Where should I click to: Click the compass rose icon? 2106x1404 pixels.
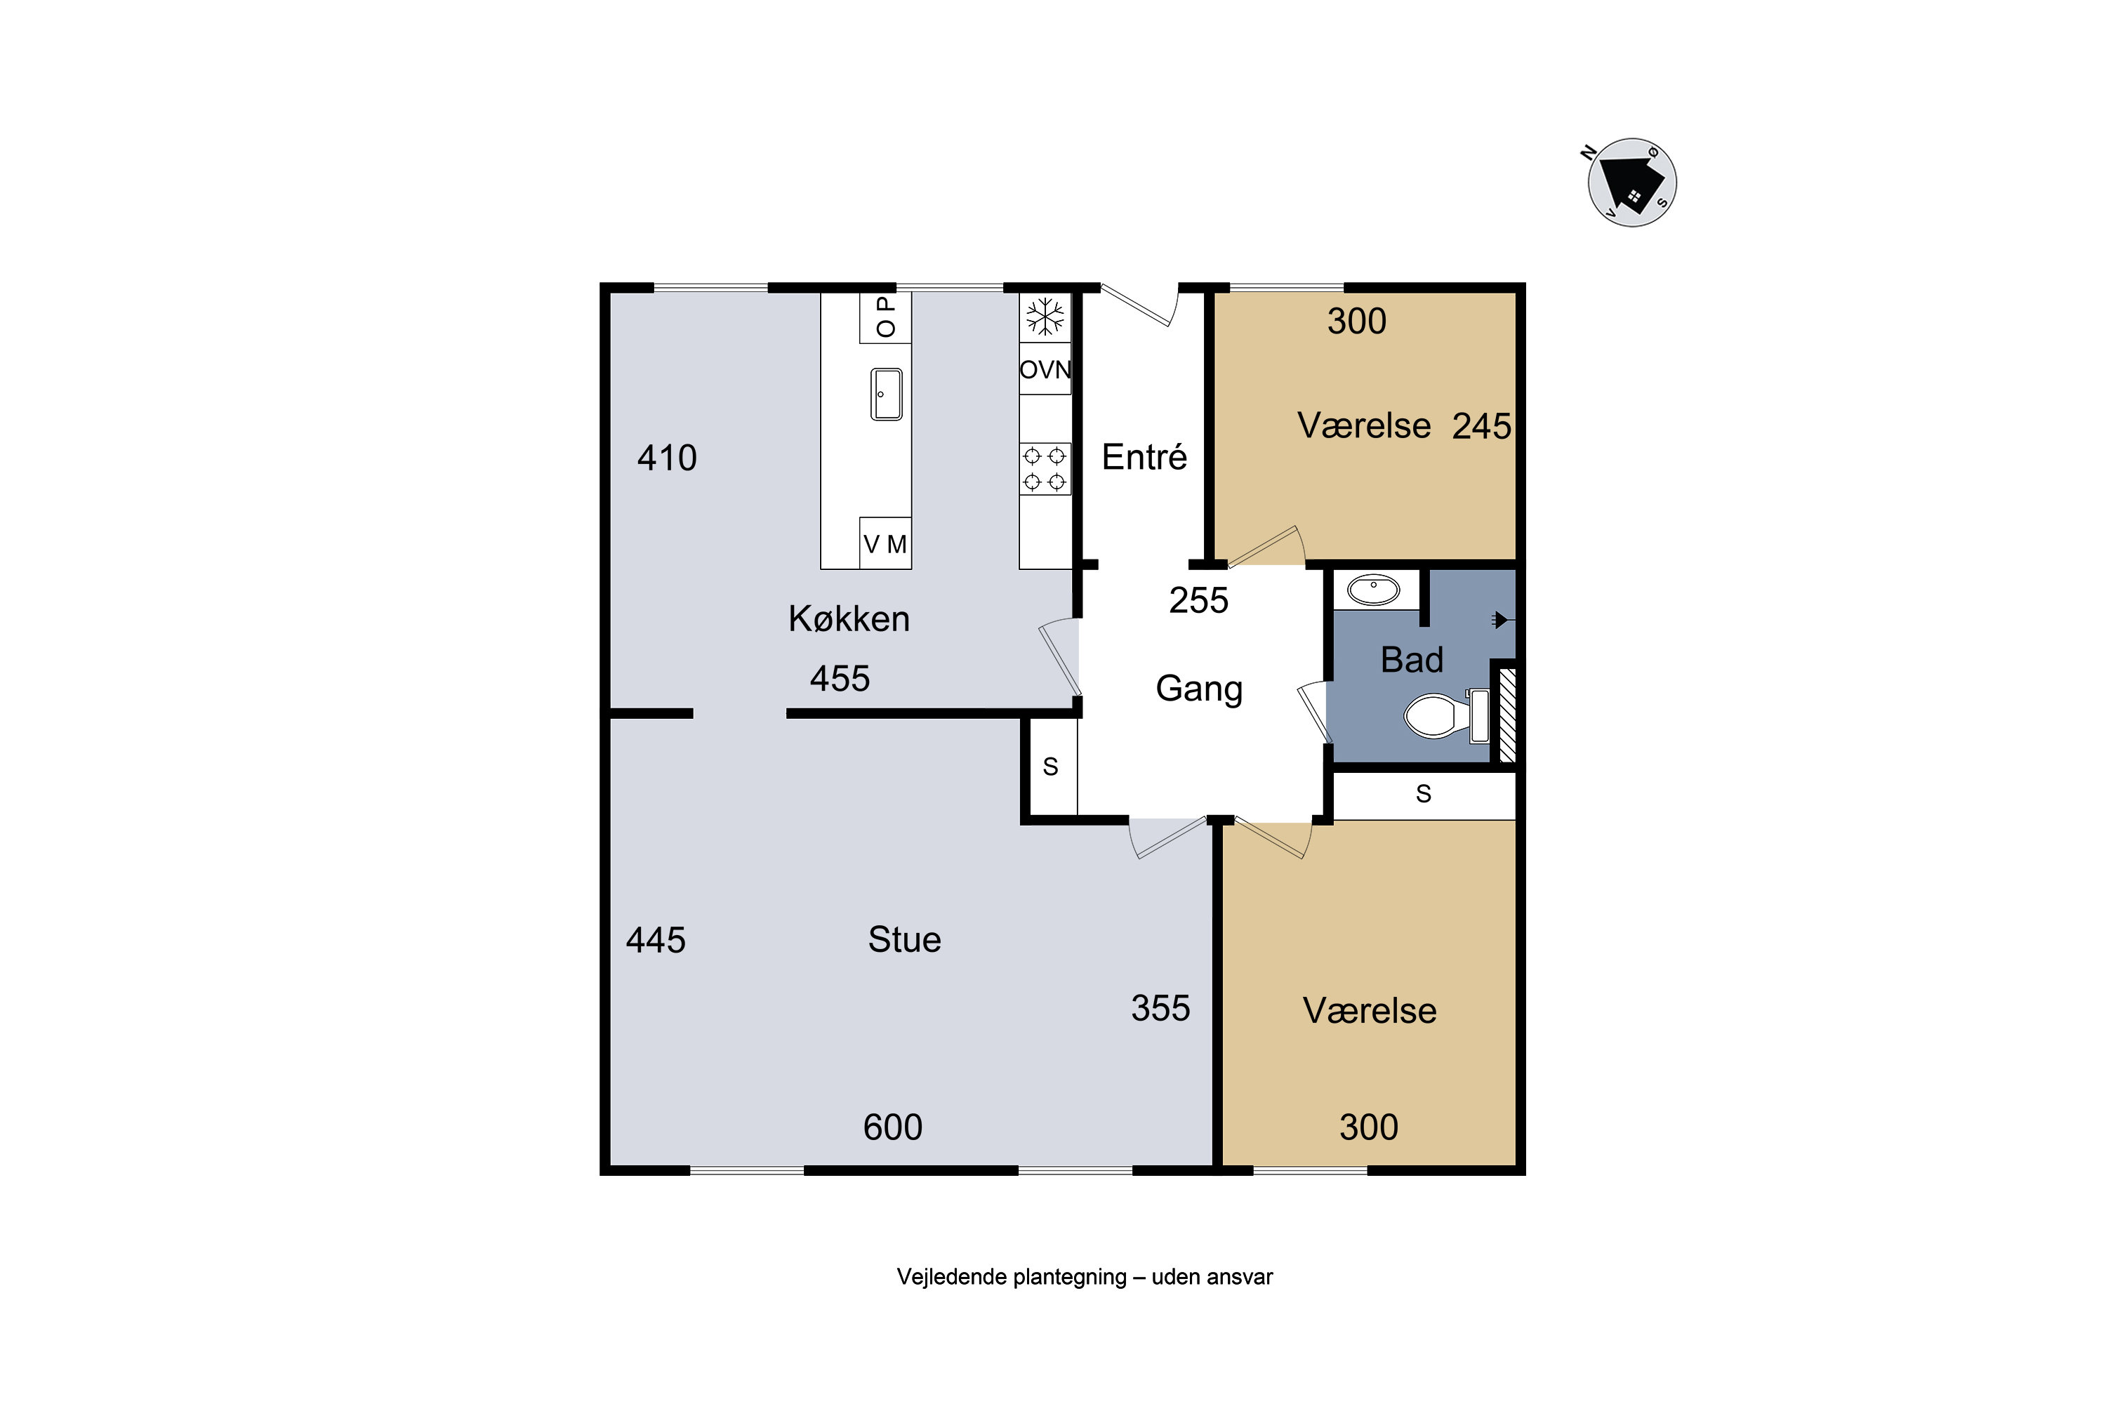pos(1631,182)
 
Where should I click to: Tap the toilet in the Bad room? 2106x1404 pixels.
pos(1445,715)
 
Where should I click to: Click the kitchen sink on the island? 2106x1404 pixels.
pos(887,394)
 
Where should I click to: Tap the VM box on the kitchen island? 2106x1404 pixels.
pos(885,543)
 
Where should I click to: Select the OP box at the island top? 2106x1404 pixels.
pos(885,317)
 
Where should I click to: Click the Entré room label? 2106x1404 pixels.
pos(1144,457)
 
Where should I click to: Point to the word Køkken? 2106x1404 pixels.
pos(849,618)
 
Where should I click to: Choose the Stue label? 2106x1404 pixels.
pos(904,939)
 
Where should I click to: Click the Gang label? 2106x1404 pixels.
pos(1199,689)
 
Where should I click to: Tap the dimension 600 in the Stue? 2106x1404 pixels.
pos(893,1127)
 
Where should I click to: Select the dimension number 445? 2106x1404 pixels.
pos(656,940)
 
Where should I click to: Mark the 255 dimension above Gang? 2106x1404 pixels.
pos(1198,600)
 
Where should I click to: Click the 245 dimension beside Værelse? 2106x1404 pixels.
pos(1481,426)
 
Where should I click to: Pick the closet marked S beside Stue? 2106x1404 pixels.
pos(1050,767)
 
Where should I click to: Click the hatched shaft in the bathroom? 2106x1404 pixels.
pos(1507,715)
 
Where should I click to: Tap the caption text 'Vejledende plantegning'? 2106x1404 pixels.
pos(1012,1277)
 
